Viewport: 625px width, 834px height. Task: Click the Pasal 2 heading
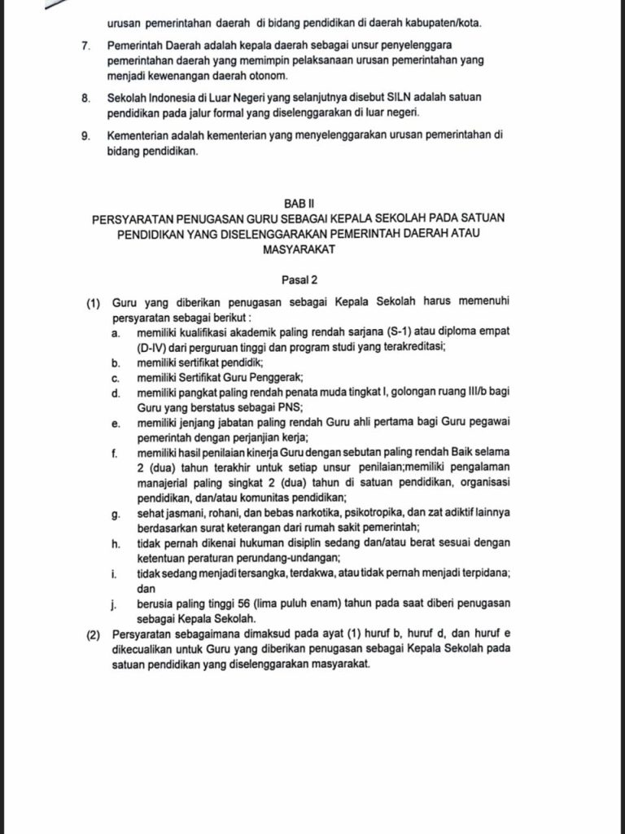coord(299,280)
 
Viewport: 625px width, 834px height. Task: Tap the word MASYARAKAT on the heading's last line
coord(299,249)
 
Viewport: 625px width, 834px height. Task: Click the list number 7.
coord(85,42)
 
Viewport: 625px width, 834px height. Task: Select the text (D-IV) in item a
coord(152,348)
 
